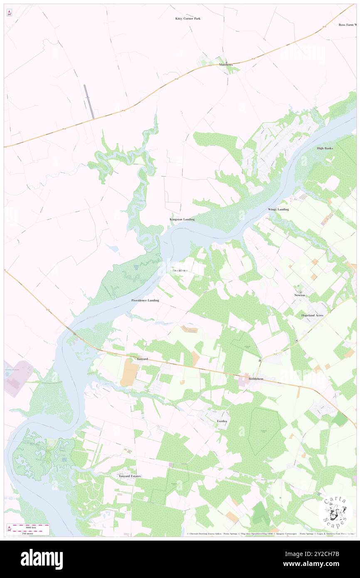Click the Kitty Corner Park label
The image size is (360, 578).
[x=187, y=19]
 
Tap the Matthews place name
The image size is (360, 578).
[x=226, y=64]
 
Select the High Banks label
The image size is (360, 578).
[x=325, y=148]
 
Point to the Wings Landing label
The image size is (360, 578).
[x=278, y=209]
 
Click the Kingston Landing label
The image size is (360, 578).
[x=182, y=219]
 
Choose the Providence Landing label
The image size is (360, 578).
[x=145, y=300]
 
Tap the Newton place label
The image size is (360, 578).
[x=300, y=295]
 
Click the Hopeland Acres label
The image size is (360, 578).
[x=312, y=316]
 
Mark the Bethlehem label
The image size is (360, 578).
[x=256, y=379]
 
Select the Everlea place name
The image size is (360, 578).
[x=222, y=421]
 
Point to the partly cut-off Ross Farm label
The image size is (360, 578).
[x=348, y=25]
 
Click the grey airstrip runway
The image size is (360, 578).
[x=89, y=101]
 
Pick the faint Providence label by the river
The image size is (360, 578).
[x=180, y=271]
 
